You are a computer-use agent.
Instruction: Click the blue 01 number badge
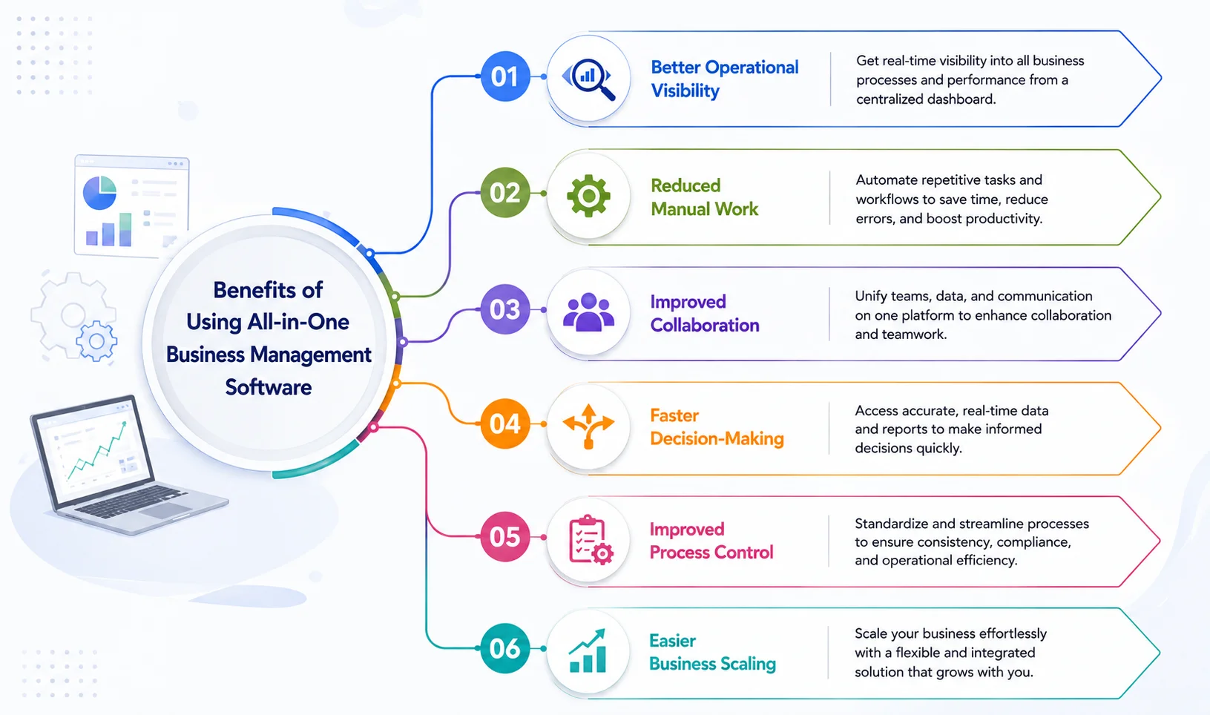pos(504,76)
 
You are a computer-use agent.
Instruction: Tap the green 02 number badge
pos(504,193)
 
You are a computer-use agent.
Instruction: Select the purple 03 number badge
pos(504,309)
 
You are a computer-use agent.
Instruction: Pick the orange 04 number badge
pos(504,424)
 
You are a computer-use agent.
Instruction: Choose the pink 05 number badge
pos(504,537)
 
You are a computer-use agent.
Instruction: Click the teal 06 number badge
pos(504,648)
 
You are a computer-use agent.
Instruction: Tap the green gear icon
pos(588,196)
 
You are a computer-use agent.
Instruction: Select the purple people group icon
pos(588,312)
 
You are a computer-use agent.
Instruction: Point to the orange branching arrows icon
pos(588,426)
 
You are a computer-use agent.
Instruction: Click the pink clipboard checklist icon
pos(591,540)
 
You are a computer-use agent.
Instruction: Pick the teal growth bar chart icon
pos(588,651)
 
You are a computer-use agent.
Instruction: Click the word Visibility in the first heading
pos(685,90)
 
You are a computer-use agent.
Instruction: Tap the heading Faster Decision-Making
pos(717,427)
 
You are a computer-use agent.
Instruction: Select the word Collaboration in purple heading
pos(704,325)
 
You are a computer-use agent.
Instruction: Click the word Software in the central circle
pos(269,387)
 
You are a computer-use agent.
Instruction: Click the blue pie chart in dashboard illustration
pos(99,193)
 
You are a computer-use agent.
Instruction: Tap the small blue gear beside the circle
pos(96,340)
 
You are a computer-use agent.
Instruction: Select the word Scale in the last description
pos(870,633)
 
